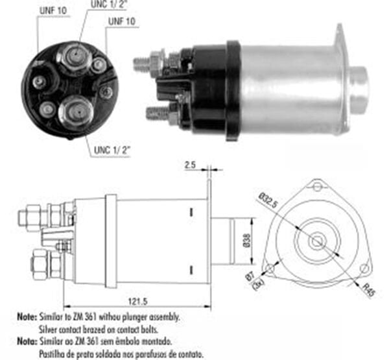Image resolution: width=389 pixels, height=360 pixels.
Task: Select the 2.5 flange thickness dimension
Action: (190, 166)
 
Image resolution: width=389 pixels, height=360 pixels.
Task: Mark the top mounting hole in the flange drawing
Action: (317, 187)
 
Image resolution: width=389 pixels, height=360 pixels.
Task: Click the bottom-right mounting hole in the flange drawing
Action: (364, 268)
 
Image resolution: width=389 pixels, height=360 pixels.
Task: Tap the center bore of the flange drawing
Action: (317, 241)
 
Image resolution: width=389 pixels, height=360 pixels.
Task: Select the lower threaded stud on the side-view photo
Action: (154, 114)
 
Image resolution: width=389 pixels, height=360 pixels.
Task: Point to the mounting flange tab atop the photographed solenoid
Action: (340, 39)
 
